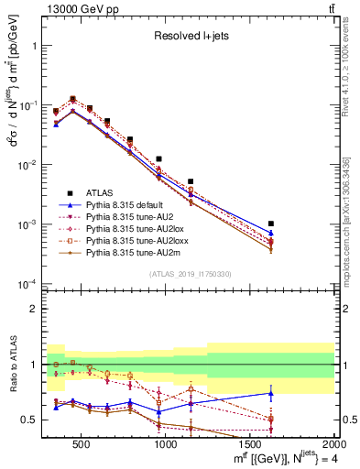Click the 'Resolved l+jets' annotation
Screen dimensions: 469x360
tap(190, 37)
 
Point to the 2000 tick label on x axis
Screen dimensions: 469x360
tap(332, 442)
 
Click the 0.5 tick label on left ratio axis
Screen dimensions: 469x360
tap(32, 420)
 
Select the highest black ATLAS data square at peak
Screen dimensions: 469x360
tap(73, 99)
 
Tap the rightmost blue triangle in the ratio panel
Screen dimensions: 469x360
tap(296, 393)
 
